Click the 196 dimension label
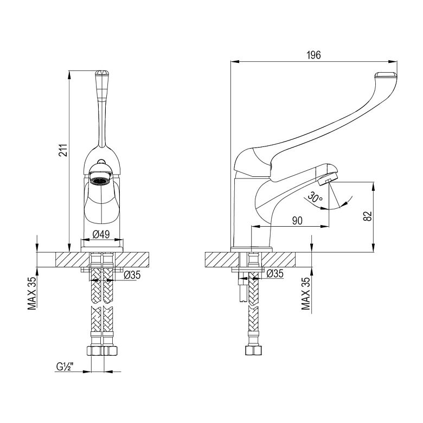pyautogui.click(x=314, y=55)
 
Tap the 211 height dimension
pyautogui.click(x=63, y=150)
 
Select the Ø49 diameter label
pyautogui.click(x=101, y=234)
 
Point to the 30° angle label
pyautogui.click(x=316, y=197)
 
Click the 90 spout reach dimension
pyautogui.click(x=297, y=221)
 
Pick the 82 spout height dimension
pyautogui.click(x=368, y=216)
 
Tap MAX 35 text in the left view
pyautogui.click(x=32, y=293)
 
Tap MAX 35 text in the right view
pyautogui.click(x=306, y=293)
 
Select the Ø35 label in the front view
pyautogui.click(x=132, y=275)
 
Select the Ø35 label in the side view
pyautogui.click(x=275, y=273)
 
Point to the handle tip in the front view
pyautogui.click(x=102, y=73)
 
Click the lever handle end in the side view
pyautogui.click(x=386, y=75)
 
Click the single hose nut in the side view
pyautogui.click(x=254, y=350)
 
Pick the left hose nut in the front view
pyautogui.click(x=95, y=351)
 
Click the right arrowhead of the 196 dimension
pyautogui.click(x=393, y=61)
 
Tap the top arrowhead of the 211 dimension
pyautogui.click(x=69, y=75)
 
